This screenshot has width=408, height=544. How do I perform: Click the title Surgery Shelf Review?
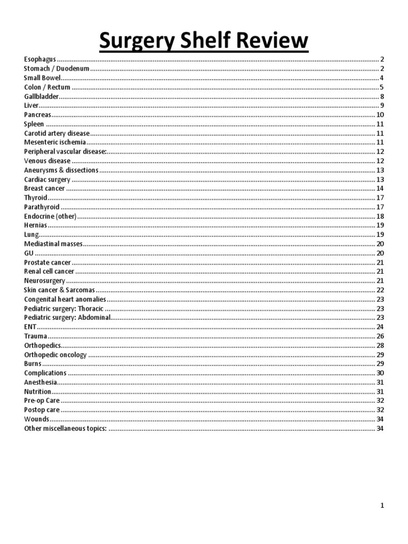[204, 40]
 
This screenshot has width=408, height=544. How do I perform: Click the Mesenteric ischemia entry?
[55, 142]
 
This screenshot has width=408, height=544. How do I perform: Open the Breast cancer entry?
[45, 189]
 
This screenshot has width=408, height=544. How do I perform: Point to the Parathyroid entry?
[42, 207]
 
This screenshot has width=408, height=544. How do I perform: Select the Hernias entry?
[36, 225]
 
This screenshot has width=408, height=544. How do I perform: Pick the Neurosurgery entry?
[45, 280]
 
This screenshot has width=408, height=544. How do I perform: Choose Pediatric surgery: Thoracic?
[64, 308]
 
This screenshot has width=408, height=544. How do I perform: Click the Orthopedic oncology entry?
[55, 354]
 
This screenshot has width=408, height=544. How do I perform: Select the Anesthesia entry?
[40, 382]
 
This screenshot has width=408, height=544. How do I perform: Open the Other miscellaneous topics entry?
[65, 428]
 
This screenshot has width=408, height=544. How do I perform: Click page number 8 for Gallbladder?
[382, 96]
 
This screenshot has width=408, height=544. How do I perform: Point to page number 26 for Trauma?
[380, 336]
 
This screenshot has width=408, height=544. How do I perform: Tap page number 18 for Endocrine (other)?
[380, 216]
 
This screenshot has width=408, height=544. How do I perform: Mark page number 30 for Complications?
[380, 373]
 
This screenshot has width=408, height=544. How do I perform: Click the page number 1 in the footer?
[382, 506]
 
